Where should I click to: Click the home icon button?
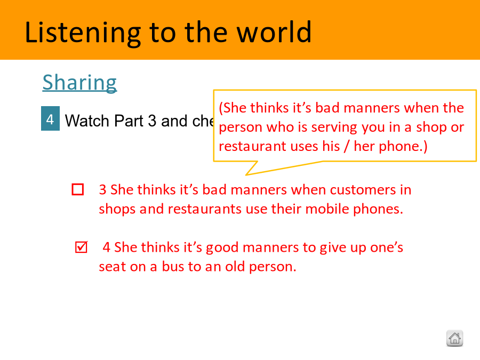[x=454, y=338]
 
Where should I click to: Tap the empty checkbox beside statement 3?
[x=78, y=189]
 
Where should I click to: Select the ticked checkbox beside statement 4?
[x=82, y=247]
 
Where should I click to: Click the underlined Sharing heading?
[x=79, y=83]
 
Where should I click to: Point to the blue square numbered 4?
[x=50, y=118]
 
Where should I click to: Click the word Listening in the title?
[x=83, y=33]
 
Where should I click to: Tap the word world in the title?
[x=274, y=32]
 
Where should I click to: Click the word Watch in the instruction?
[x=87, y=121]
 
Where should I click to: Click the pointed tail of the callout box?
[x=246, y=175]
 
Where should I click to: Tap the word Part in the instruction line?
[x=129, y=121]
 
